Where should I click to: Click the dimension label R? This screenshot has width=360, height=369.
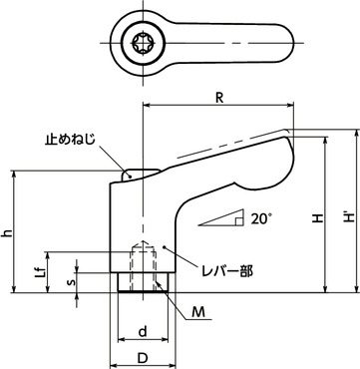(x=217, y=97)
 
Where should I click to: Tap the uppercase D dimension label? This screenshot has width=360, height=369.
(x=143, y=356)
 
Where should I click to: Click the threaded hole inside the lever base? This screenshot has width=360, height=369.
(x=143, y=261)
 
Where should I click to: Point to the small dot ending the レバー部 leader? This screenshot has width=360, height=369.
(x=166, y=244)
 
